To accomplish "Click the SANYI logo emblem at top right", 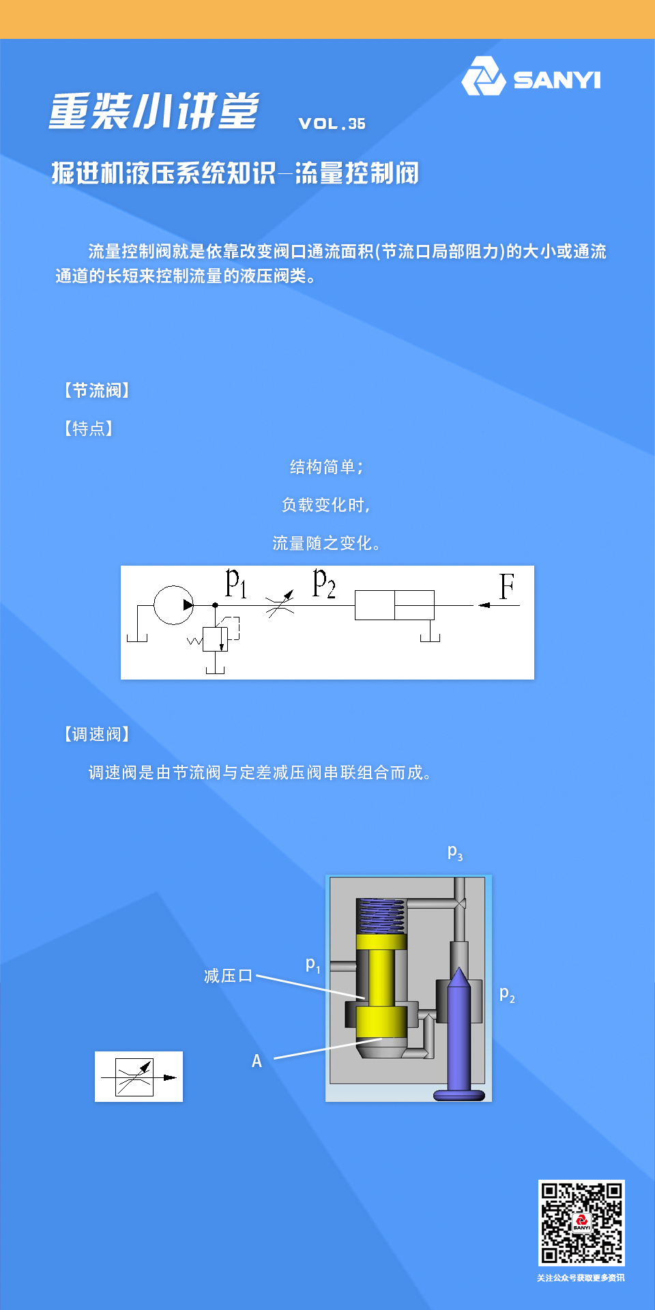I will pyautogui.click(x=483, y=77).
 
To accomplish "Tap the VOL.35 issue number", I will pyautogui.click(x=332, y=123).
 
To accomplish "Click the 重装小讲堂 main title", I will pyautogui.click(x=154, y=111).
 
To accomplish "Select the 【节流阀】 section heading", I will pyautogui.click(x=96, y=390).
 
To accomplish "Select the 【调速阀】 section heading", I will pyautogui.click(x=96, y=734).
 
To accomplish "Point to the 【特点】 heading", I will pyautogui.click(x=88, y=428).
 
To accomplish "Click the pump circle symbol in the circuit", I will pyautogui.click(x=173, y=605).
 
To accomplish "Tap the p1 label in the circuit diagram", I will pyautogui.click(x=236, y=583).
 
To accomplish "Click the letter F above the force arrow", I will pyautogui.click(x=506, y=587).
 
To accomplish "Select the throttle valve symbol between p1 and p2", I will pyautogui.click(x=280, y=604).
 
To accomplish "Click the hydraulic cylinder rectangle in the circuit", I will pyautogui.click(x=394, y=605).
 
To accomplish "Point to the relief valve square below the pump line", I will pyautogui.click(x=215, y=639).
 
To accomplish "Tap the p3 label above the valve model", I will pyautogui.click(x=455, y=851).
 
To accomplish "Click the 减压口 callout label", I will pyautogui.click(x=228, y=976).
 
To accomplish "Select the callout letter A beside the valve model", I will pyautogui.click(x=257, y=1061).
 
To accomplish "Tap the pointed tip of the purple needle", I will pyautogui.click(x=460, y=974).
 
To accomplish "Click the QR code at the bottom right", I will pyautogui.click(x=581, y=1223).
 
